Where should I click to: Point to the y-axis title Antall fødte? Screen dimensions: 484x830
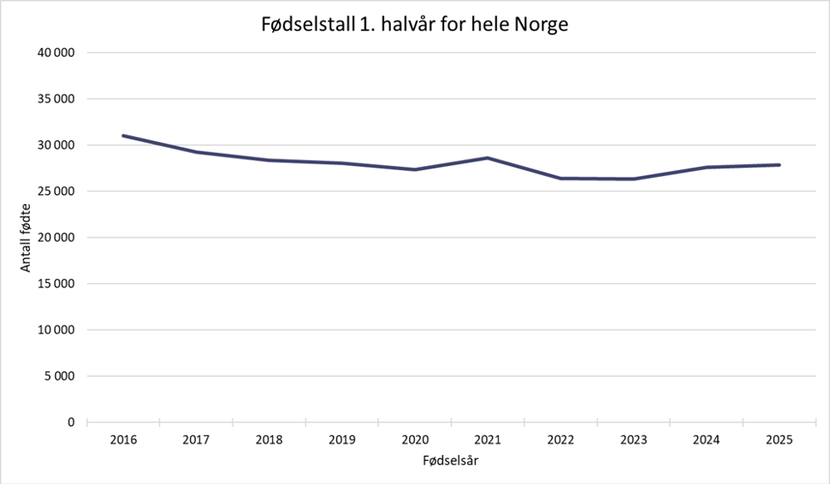click(x=26, y=237)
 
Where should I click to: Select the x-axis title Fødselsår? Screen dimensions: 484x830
click(x=450, y=461)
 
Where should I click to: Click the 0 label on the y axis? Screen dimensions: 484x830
click(x=72, y=422)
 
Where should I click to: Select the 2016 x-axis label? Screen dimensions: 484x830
click(x=123, y=440)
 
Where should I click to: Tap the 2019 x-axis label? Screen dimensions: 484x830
click(x=342, y=440)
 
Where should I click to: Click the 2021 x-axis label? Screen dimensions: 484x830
click(x=488, y=440)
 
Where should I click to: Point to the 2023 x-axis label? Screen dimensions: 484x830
click(x=634, y=440)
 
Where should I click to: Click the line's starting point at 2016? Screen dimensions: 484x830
click(x=123, y=136)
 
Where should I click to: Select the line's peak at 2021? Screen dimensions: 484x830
click(x=488, y=157)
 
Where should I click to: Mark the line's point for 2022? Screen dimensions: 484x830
click(x=560, y=178)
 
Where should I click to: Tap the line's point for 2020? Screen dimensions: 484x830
click(x=415, y=169)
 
